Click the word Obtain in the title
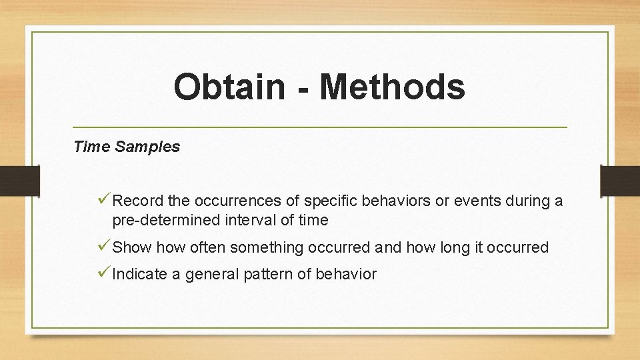click(x=229, y=87)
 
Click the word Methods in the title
click(x=392, y=87)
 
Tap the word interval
click(x=249, y=220)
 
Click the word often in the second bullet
click(x=209, y=248)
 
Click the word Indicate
click(x=140, y=274)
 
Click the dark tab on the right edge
click(x=619, y=181)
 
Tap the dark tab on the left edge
click(x=20, y=181)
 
